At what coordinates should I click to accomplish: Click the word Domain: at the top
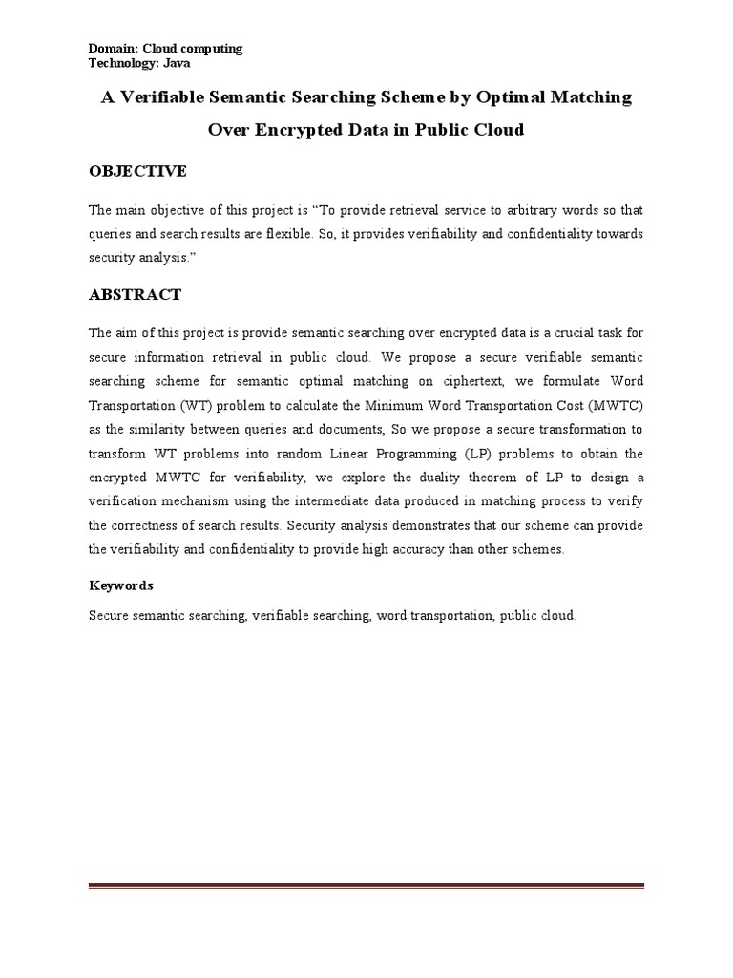[112, 48]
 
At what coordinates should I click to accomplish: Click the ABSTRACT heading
[135, 294]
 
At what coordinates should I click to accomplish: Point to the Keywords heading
[121, 585]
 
